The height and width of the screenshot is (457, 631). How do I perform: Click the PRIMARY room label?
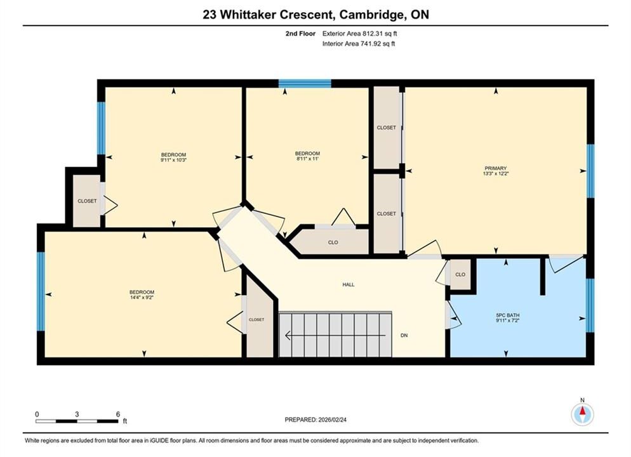click(x=495, y=168)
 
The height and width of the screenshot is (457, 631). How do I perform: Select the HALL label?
click(x=349, y=284)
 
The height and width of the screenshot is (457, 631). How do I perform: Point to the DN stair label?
click(x=404, y=335)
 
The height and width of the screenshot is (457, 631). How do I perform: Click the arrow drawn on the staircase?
click(x=335, y=335)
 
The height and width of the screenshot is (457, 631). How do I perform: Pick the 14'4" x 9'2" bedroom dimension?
click(x=142, y=297)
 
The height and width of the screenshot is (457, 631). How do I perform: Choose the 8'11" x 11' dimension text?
click(x=307, y=159)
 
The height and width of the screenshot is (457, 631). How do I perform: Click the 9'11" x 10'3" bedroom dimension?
click(x=173, y=160)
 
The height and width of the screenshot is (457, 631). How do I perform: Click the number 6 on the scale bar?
click(x=118, y=414)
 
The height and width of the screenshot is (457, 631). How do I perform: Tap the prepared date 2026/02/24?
click(x=332, y=420)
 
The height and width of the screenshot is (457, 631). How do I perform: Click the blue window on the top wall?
click(x=305, y=83)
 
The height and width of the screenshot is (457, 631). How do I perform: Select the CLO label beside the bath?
click(x=460, y=274)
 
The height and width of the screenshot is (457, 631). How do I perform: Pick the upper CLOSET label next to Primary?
click(x=387, y=128)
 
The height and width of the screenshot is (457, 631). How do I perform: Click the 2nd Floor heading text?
click(x=301, y=34)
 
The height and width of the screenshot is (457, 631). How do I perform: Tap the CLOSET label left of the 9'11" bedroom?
click(x=87, y=201)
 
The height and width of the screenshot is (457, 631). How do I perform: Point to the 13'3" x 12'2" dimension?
click(x=495, y=173)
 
